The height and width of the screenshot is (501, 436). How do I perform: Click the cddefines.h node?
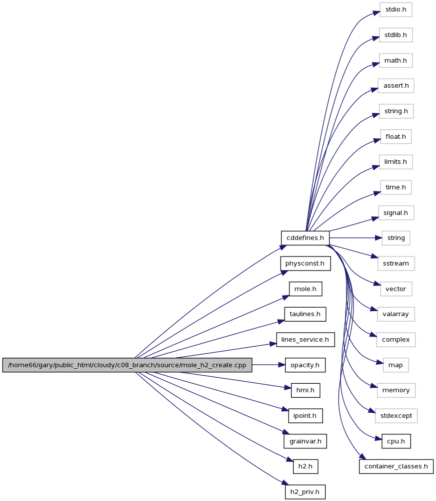coord(305,238)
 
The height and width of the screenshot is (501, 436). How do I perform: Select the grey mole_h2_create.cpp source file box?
coord(127,365)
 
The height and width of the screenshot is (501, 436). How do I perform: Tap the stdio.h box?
coord(396,10)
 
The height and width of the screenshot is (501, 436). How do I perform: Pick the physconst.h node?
coord(305,264)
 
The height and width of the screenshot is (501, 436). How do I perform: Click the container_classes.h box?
coord(396,466)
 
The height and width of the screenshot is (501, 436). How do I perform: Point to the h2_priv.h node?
coord(305,492)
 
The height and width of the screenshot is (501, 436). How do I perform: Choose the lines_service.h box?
coord(305,340)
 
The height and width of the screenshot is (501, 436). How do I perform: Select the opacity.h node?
coord(305,365)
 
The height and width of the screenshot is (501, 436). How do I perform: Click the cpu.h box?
coord(396,441)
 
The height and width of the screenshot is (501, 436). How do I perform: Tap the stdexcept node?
coord(396,416)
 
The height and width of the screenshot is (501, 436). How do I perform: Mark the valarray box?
coord(396,315)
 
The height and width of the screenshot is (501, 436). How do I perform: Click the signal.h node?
coord(396,213)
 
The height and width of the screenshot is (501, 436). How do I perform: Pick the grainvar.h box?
coord(305,441)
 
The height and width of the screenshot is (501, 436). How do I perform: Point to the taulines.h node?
coord(305,315)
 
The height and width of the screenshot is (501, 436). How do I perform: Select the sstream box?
coord(396,264)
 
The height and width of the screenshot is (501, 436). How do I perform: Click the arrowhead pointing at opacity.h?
coord(281,365)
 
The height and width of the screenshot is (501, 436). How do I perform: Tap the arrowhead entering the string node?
coord(378,238)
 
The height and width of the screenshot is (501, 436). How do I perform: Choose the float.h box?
coord(396,137)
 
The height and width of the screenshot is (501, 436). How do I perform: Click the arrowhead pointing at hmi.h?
coord(288,388)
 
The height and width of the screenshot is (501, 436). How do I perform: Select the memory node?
coord(396,390)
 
